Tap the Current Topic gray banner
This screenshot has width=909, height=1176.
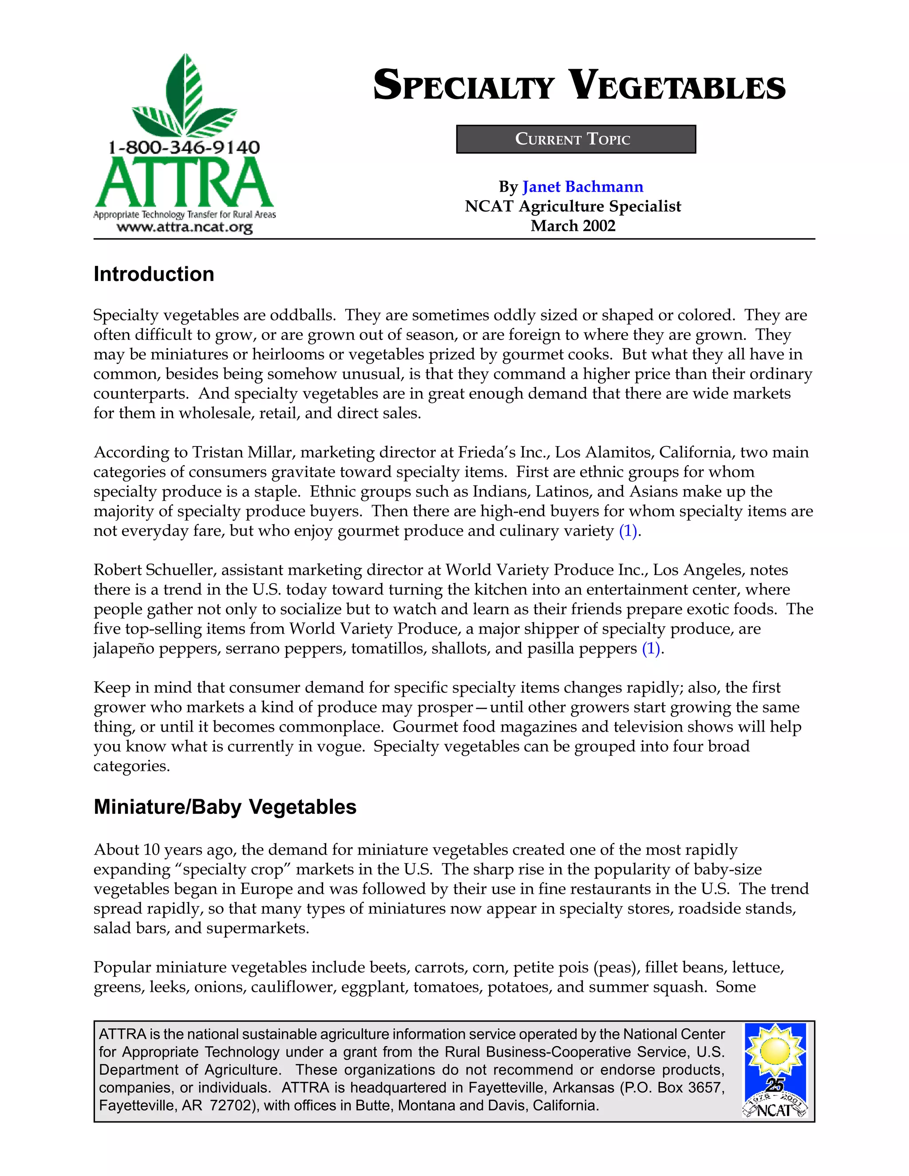pos(576,139)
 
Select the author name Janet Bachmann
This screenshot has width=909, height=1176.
pos(583,187)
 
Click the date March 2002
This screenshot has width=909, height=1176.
pos(573,225)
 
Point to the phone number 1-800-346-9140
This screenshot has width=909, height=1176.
pos(184,147)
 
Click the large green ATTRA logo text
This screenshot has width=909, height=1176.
pos(185,183)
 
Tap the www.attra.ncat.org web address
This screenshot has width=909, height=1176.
pos(185,227)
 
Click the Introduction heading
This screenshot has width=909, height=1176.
pos(154,274)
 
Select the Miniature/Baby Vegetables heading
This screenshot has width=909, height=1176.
pos(225,807)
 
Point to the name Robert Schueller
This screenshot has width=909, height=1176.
pos(154,570)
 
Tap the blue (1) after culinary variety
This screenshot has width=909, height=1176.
pos(628,531)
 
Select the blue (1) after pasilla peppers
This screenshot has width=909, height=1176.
pos(651,648)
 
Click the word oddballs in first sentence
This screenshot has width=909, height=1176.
pos(303,315)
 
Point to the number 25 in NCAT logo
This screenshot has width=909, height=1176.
pos(775,1085)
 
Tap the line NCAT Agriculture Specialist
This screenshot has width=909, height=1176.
pos(573,206)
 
